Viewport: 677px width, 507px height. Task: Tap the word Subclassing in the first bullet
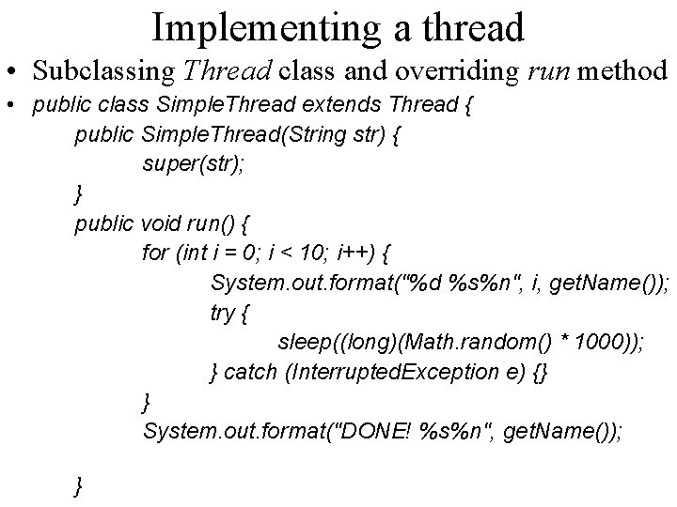tap(101, 70)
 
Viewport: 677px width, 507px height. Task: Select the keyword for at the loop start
tap(156, 253)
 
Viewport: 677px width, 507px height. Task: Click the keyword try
tap(222, 314)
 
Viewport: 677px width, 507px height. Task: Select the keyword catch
tap(251, 374)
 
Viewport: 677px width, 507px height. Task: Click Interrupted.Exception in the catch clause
tap(399, 374)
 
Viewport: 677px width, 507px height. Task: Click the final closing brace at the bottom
tap(79, 485)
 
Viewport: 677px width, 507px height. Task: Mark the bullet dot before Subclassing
tap(13, 72)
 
